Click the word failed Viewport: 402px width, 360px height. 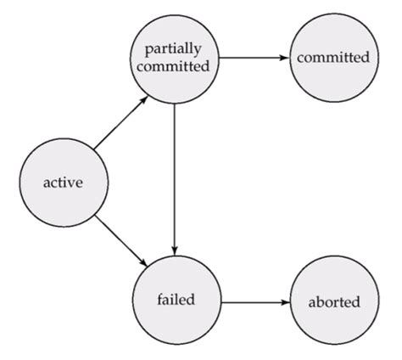coord(176,300)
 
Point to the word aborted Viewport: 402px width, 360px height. coord(335,301)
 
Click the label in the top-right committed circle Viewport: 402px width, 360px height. coord(332,58)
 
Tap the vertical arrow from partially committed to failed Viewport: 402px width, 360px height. coord(174,170)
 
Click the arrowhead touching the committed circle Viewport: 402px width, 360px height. coord(283,58)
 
